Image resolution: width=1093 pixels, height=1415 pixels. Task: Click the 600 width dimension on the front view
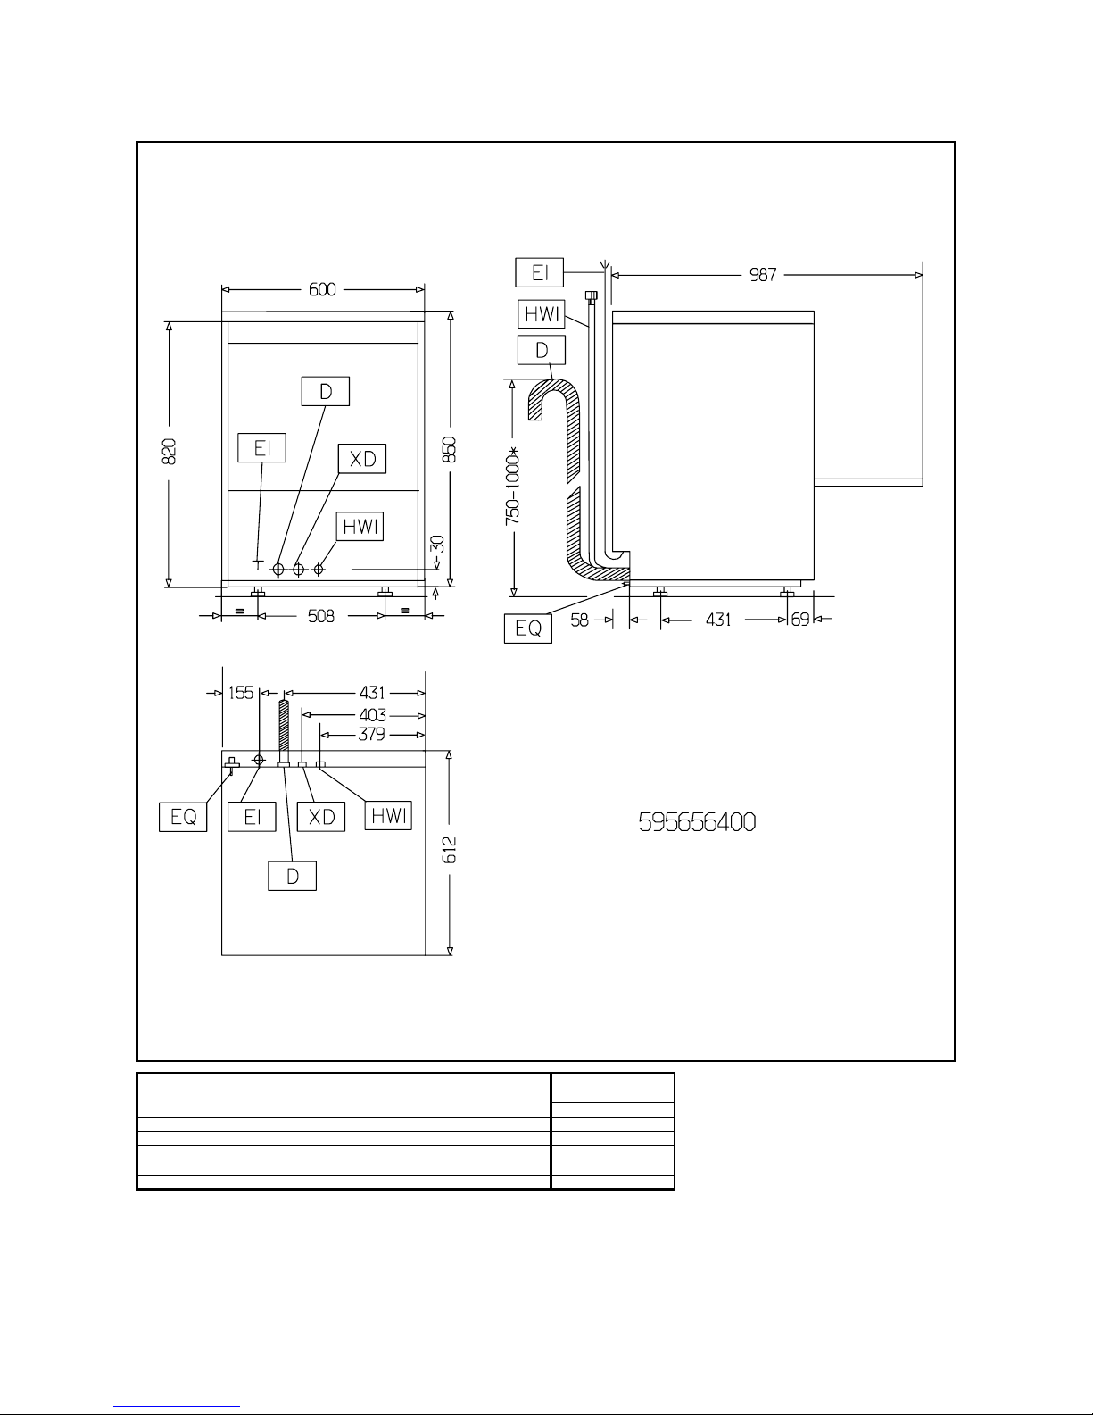(x=322, y=289)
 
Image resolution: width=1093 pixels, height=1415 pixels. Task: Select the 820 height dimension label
(x=169, y=451)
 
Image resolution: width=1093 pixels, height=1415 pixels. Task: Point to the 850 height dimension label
(x=450, y=449)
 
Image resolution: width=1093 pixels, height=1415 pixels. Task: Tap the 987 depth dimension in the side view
(x=763, y=275)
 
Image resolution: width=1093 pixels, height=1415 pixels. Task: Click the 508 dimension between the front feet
(x=320, y=616)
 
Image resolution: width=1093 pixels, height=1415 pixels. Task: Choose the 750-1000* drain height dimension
(x=513, y=485)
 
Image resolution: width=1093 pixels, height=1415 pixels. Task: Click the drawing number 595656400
(x=697, y=822)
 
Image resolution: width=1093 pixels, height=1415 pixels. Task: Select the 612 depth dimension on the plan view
(x=450, y=850)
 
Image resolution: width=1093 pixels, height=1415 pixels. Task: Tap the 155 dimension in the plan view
(x=241, y=692)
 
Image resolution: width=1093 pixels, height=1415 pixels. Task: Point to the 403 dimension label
(x=373, y=715)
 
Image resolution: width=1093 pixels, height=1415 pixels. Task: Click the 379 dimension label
(x=372, y=734)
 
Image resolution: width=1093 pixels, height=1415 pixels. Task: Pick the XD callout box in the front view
(x=361, y=459)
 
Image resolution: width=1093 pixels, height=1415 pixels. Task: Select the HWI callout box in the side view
(x=542, y=314)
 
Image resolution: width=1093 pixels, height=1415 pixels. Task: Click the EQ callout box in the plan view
(x=183, y=817)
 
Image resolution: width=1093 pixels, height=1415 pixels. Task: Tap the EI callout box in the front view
(x=261, y=447)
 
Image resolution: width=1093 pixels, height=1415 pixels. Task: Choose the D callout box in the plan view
(x=292, y=876)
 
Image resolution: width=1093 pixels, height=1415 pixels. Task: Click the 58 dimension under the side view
(x=580, y=620)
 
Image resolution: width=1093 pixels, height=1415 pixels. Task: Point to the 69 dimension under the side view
(x=800, y=620)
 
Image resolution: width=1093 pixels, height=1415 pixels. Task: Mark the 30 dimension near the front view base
(x=437, y=544)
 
